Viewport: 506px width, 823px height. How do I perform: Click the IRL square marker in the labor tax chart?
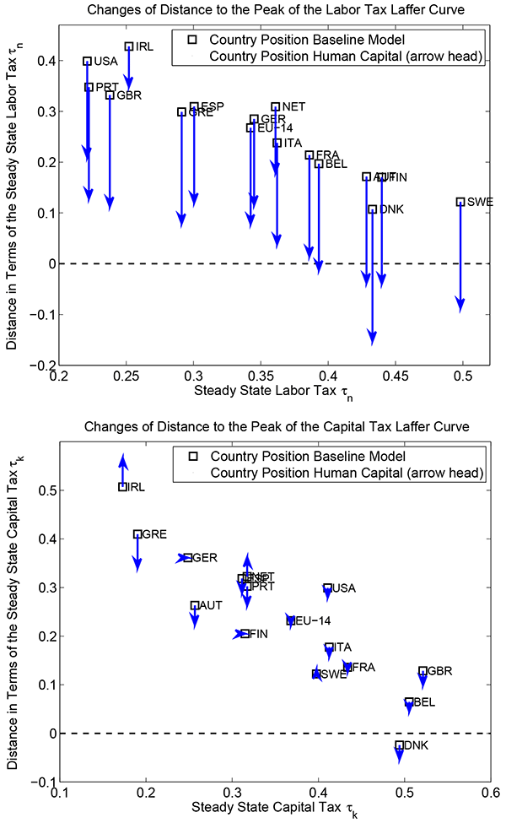click(128, 46)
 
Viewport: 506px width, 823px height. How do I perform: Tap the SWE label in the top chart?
click(480, 203)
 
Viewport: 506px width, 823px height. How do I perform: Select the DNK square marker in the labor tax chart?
click(372, 209)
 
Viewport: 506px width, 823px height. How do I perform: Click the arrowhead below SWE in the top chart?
click(460, 305)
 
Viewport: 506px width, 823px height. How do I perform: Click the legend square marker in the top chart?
click(192, 40)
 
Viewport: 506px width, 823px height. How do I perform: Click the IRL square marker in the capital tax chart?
click(123, 487)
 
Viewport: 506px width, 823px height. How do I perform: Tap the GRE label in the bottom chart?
click(154, 534)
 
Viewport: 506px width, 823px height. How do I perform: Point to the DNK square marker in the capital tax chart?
click(400, 745)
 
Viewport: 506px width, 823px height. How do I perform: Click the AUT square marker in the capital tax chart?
click(195, 606)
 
